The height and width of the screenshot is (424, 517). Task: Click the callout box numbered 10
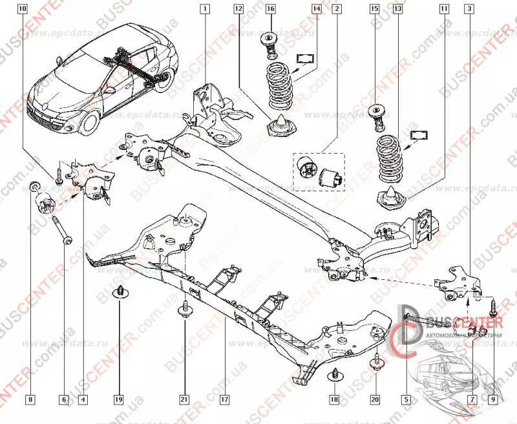23,10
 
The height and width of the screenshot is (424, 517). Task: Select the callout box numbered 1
205,10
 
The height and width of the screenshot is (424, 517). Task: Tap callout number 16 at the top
270,10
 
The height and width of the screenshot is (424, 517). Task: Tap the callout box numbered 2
336,10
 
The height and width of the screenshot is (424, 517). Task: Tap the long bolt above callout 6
61,228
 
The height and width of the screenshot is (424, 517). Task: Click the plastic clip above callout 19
120,292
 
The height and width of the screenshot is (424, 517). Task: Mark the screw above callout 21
184,311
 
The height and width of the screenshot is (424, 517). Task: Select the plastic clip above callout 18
335,374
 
